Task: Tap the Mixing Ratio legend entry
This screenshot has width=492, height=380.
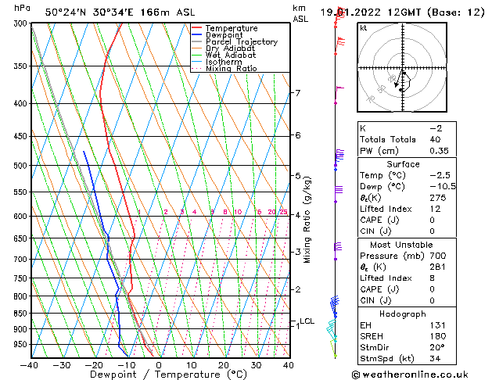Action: click(232, 69)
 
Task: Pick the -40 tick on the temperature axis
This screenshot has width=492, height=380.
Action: click(30, 365)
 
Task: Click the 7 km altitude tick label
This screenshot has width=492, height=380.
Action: click(297, 93)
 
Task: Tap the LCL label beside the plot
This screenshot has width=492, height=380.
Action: click(307, 321)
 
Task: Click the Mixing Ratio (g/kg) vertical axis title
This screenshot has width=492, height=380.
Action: click(307, 220)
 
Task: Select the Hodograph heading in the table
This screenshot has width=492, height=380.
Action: click(404, 314)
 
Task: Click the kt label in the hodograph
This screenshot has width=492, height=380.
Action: click(363, 27)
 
